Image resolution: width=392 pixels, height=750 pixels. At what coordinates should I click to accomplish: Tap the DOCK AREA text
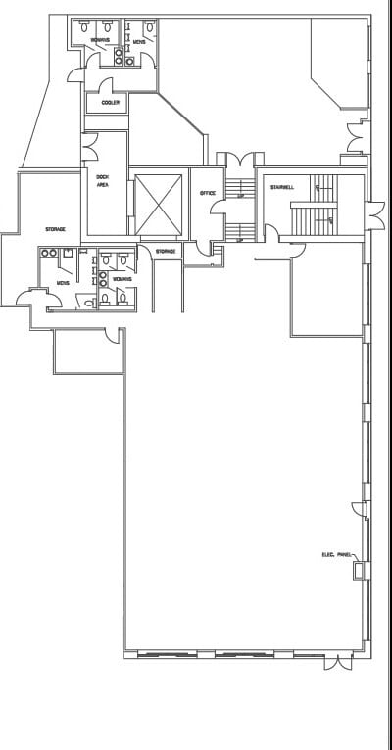click(102, 180)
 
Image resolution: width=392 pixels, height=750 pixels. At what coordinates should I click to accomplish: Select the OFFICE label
click(207, 194)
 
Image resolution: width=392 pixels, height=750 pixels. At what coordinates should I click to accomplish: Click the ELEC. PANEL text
click(336, 555)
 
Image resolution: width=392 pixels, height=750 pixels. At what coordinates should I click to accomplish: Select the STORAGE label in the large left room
click(55, 229)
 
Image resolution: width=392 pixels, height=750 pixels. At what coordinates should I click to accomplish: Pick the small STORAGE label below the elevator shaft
click(166, 252)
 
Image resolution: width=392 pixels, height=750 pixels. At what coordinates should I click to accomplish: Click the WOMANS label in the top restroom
click(100, 40)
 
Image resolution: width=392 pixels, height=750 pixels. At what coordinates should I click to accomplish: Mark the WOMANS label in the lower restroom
click(122, 279)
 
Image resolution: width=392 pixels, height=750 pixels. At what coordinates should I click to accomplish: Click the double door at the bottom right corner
click(338, 663)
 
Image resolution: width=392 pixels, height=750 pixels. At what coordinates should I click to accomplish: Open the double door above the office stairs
click(240, 158)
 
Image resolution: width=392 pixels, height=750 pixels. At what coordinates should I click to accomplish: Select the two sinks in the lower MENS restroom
click(49, 254)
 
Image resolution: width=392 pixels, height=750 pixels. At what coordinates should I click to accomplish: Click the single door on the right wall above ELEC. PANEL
click(361, 510)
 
